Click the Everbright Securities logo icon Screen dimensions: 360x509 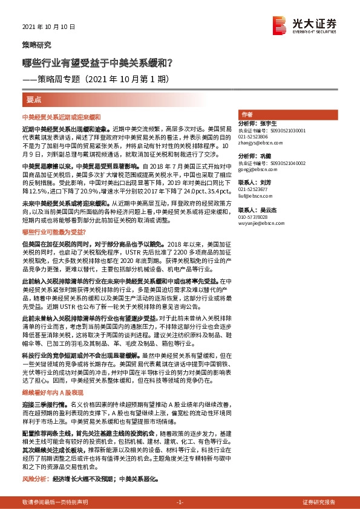(x=280, y=24)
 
